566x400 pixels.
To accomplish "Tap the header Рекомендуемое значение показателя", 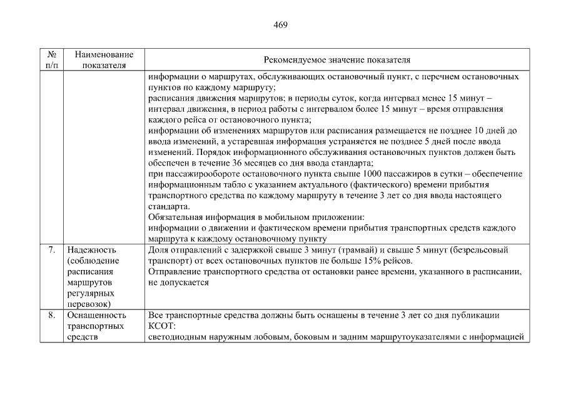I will click(337, 60).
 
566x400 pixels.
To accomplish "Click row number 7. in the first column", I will click(51, 250).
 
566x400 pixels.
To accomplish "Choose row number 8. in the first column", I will click(51, 316).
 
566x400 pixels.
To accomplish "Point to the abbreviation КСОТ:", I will click(163, 326).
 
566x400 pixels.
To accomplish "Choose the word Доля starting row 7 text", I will click(158, 250).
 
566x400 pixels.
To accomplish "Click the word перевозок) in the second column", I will click(89, 304).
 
